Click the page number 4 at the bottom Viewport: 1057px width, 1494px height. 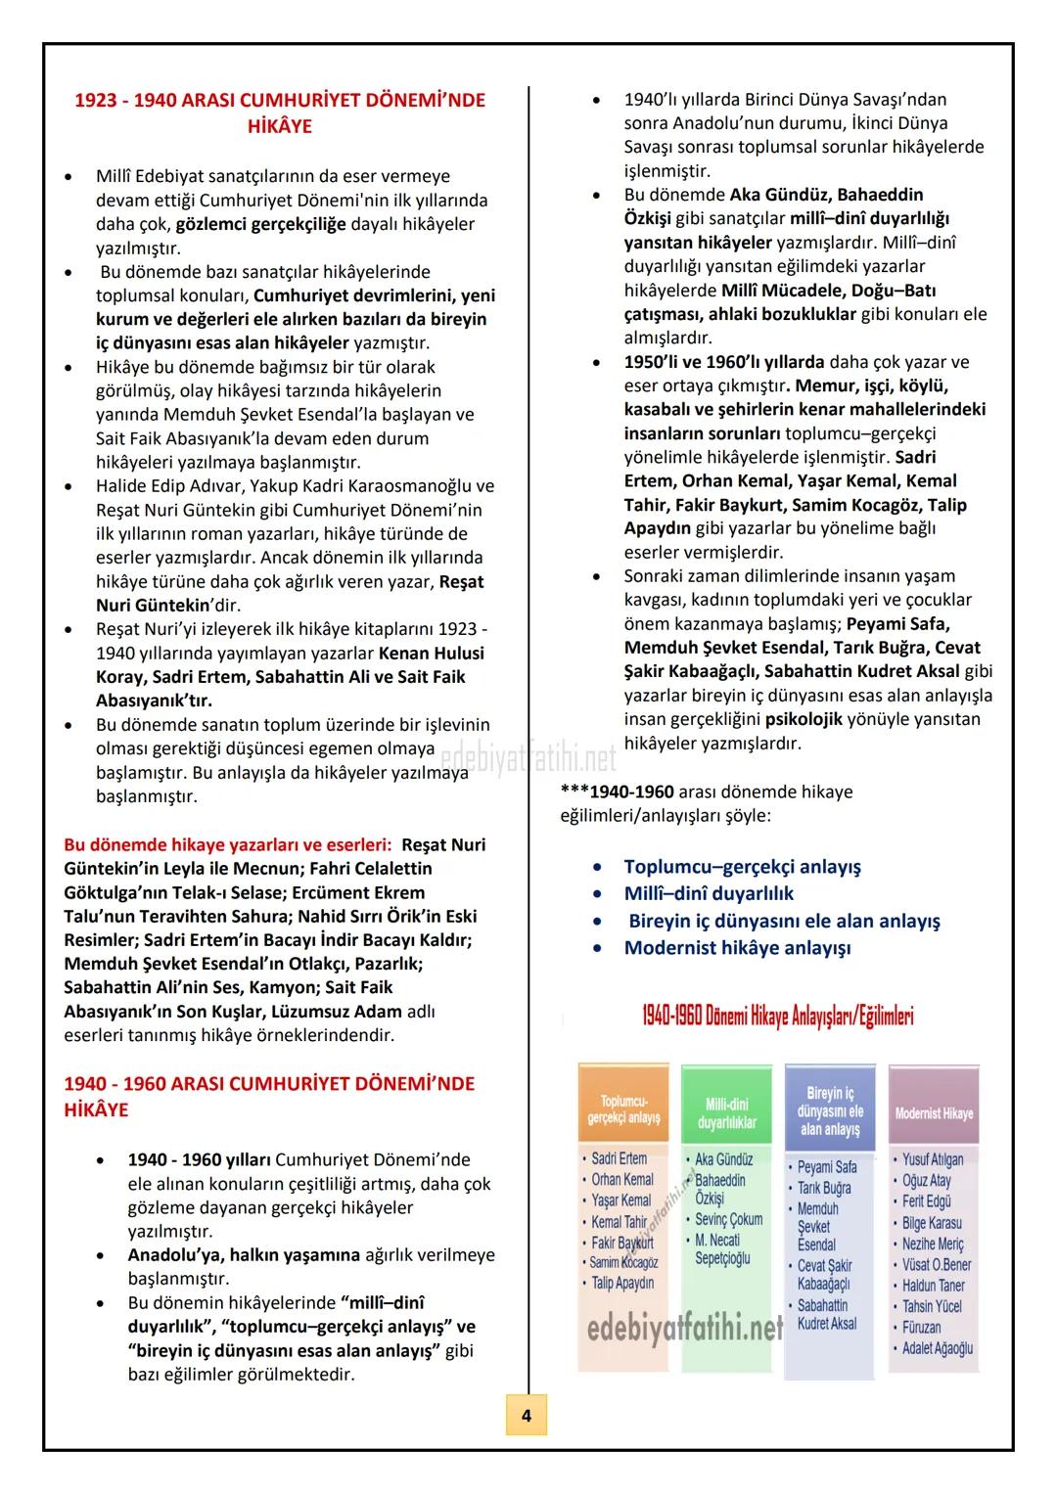click(x=527, y=1415)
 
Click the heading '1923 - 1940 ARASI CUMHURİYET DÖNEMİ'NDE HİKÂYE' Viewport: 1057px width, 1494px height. click(x=280, y=113)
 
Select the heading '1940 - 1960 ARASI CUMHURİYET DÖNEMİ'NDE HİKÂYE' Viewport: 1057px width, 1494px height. click(x=269, y=1096)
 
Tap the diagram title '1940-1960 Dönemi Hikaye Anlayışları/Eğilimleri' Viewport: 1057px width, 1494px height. click(x=778, y=1016)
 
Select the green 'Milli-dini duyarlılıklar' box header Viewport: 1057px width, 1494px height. click(x=726, y=1113)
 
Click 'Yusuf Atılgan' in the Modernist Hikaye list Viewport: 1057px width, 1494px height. click(x=932, y=1159)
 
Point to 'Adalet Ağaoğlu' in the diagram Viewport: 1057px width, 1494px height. click(x=937, y=1348)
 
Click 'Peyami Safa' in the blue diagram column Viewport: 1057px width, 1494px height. click(x=827, y=1166)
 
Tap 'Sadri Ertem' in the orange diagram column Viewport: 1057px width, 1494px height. click(x=619, y=1158)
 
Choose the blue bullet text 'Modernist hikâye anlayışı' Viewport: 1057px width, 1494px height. click(x=737, y=947)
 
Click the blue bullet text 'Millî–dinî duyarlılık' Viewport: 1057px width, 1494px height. click(x=709, y=893)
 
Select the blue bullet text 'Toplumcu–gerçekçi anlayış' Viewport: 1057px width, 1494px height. click(x=742, y=866)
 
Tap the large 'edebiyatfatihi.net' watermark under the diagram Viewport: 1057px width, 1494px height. click(x=685, y=1328)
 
